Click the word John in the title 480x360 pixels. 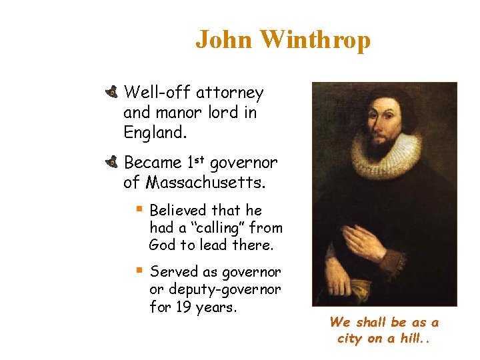pyautogui.click(x=225, y=40)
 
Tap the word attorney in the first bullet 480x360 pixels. pyautogui.click(x=229, y=93)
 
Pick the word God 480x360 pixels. pyautogui.click(x=162, y=245)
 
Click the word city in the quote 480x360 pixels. pyautogui.click(x=350, y=338)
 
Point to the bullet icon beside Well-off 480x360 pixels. pyautogui.click(x=111, y=92)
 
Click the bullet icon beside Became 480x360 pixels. pyautogui.click(x=111, y=161)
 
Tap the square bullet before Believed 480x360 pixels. pyautogui.click(x=139, y=210)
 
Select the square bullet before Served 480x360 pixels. pyautogui.click(x=139, y=271)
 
